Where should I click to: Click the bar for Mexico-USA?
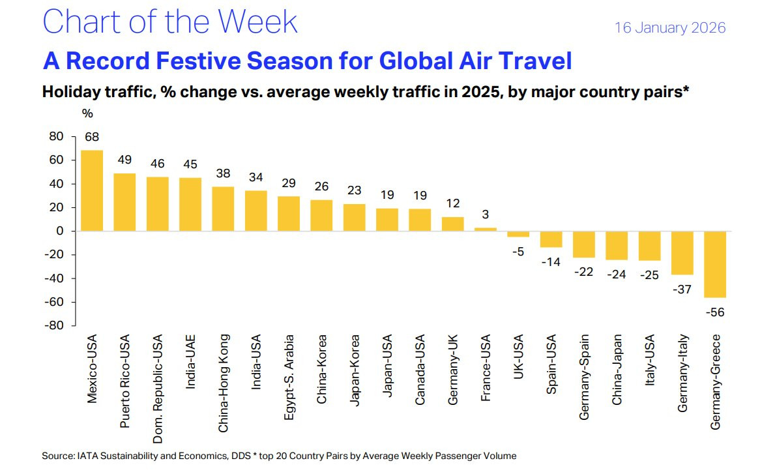click(92, 190)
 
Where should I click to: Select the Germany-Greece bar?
click(714, 264)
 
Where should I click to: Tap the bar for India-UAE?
click(190, 204)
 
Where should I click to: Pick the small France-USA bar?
click(486, 229)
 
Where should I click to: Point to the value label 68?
click(92, 137)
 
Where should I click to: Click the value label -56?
click(714, 312)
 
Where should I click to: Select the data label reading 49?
click(124, 160)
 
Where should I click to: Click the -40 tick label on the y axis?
click(54, 278)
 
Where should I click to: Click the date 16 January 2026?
click(670, 28)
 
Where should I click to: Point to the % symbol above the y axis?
click(87, 113)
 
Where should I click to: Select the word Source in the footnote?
click(57, 456)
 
